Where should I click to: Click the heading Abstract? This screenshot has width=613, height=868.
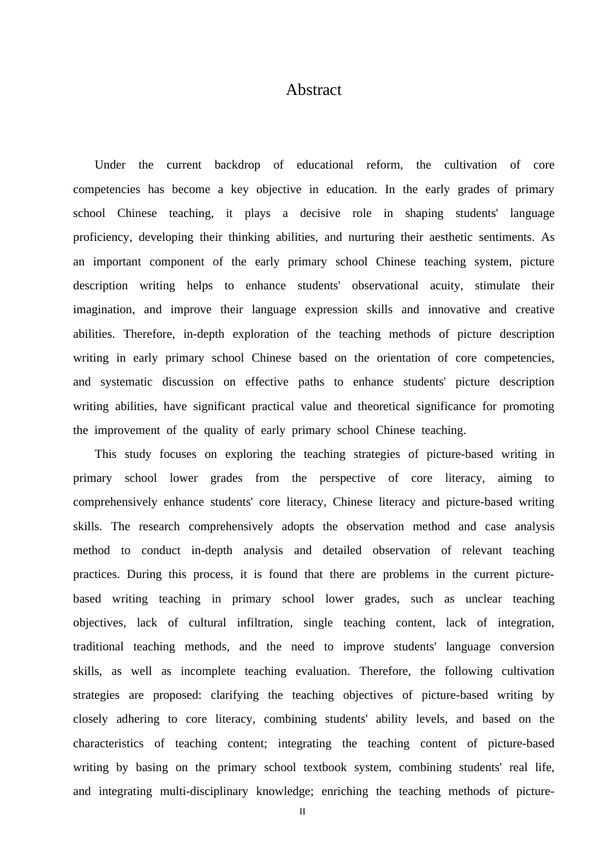coord(314,90)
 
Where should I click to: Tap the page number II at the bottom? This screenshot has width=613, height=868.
coord(303,812)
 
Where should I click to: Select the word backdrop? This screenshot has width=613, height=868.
coord(237,165)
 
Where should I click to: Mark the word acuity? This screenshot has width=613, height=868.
coord(446,285)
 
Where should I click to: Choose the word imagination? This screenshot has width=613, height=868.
coord(103,309)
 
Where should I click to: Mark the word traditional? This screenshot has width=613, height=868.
coord(98,646)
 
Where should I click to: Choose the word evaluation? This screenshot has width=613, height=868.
coord(323,671)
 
